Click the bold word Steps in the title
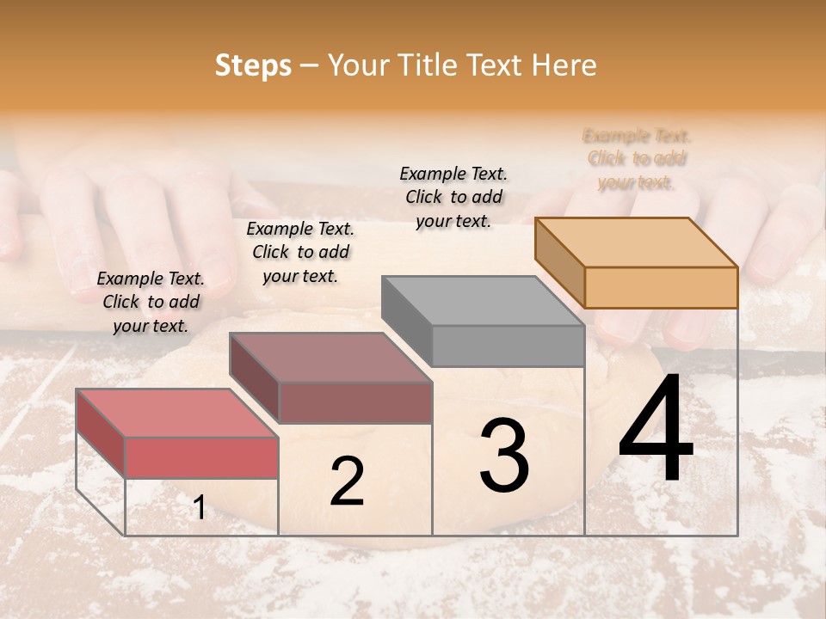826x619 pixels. (x=253, y=66)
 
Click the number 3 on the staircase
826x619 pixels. (x=504, y=456)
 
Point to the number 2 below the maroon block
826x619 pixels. (x=347, y=482)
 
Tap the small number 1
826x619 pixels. (x=199, y=508)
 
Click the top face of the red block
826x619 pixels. (x=177, y=414)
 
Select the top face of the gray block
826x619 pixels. (x=483, y=301)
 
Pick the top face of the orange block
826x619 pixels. (x=636, y=242)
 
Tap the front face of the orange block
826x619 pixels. (x=661, y=287)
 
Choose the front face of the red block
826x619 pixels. (x=201, y=457)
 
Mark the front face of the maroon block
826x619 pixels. (x=354, y=402)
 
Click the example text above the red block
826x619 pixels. (x=151, y=302)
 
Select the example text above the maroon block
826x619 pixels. (x=300, y=252)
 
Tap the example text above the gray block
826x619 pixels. (x=453, y=197)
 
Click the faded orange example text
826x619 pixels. (x=637, y=159)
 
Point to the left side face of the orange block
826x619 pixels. (x=559, y=262)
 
